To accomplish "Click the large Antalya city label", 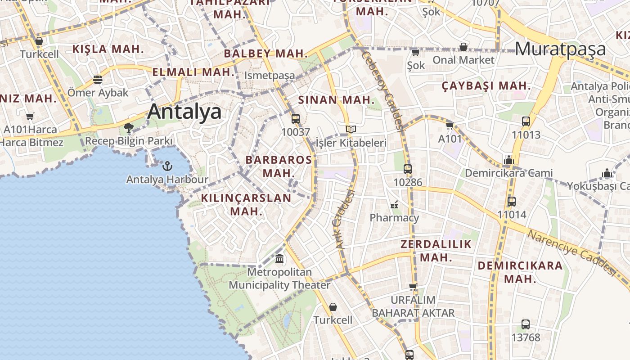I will pyautogui.click(x=184, y=112).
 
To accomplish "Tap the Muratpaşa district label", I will pyautogui.click(x=560, y=49).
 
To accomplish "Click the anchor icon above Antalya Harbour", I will pyautogui.click(x=167, y=166).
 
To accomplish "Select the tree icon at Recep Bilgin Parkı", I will pyautogui.click(x=129, y=128).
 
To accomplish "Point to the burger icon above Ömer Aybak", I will pyautogui.click(x=98, y=80).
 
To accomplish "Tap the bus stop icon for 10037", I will pyautogui.click(x=295, y=119).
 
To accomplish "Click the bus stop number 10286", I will pyautogui.click(x=408, y=182).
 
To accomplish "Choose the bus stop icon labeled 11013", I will pyautogui.click(x=526, y=121).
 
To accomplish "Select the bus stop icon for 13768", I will pyautogui.click(x=525, y=324).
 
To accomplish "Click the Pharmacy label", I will pyautogui.click(x=394, y=218).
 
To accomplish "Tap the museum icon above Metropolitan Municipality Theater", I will pyautogui.click(x=279, y=259).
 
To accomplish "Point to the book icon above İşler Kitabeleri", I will pyautogui.click(x=351, y=130).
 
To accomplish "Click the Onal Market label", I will pyautogui.click(x=463, y=60).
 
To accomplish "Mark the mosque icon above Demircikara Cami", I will pyautogui.click(x=509, y=160).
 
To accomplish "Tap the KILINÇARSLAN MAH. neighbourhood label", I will pyautogui.click(x=246, y=204).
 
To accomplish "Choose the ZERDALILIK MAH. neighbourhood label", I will pyautogui.click(x=436, y=251).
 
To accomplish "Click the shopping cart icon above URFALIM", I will pyautogui.click(x=413, y=287).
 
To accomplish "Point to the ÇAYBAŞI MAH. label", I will pyautogui.click(x=486, y=85).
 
